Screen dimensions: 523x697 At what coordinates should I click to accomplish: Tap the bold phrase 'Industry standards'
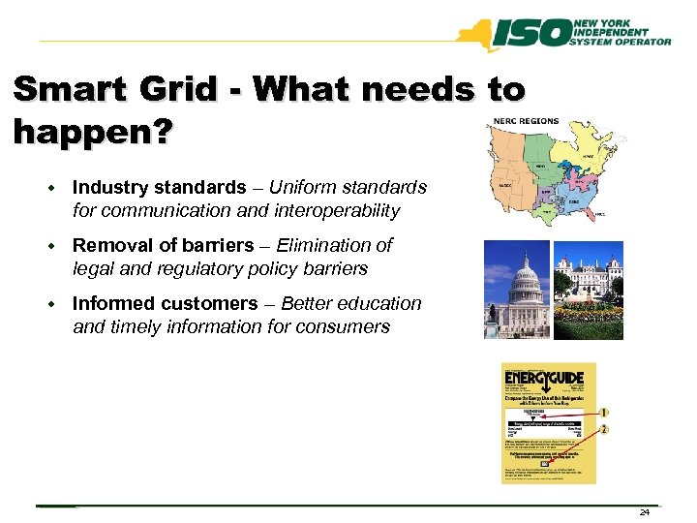click(x=159, y=186)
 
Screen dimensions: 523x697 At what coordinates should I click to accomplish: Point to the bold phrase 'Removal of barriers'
click(x=164, y=245)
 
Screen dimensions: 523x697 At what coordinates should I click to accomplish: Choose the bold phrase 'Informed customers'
click(x=165, y=303)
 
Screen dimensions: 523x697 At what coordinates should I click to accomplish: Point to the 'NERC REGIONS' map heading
click(x=527, y=121)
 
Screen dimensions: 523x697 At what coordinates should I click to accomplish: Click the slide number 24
click(x=645, y=511)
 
